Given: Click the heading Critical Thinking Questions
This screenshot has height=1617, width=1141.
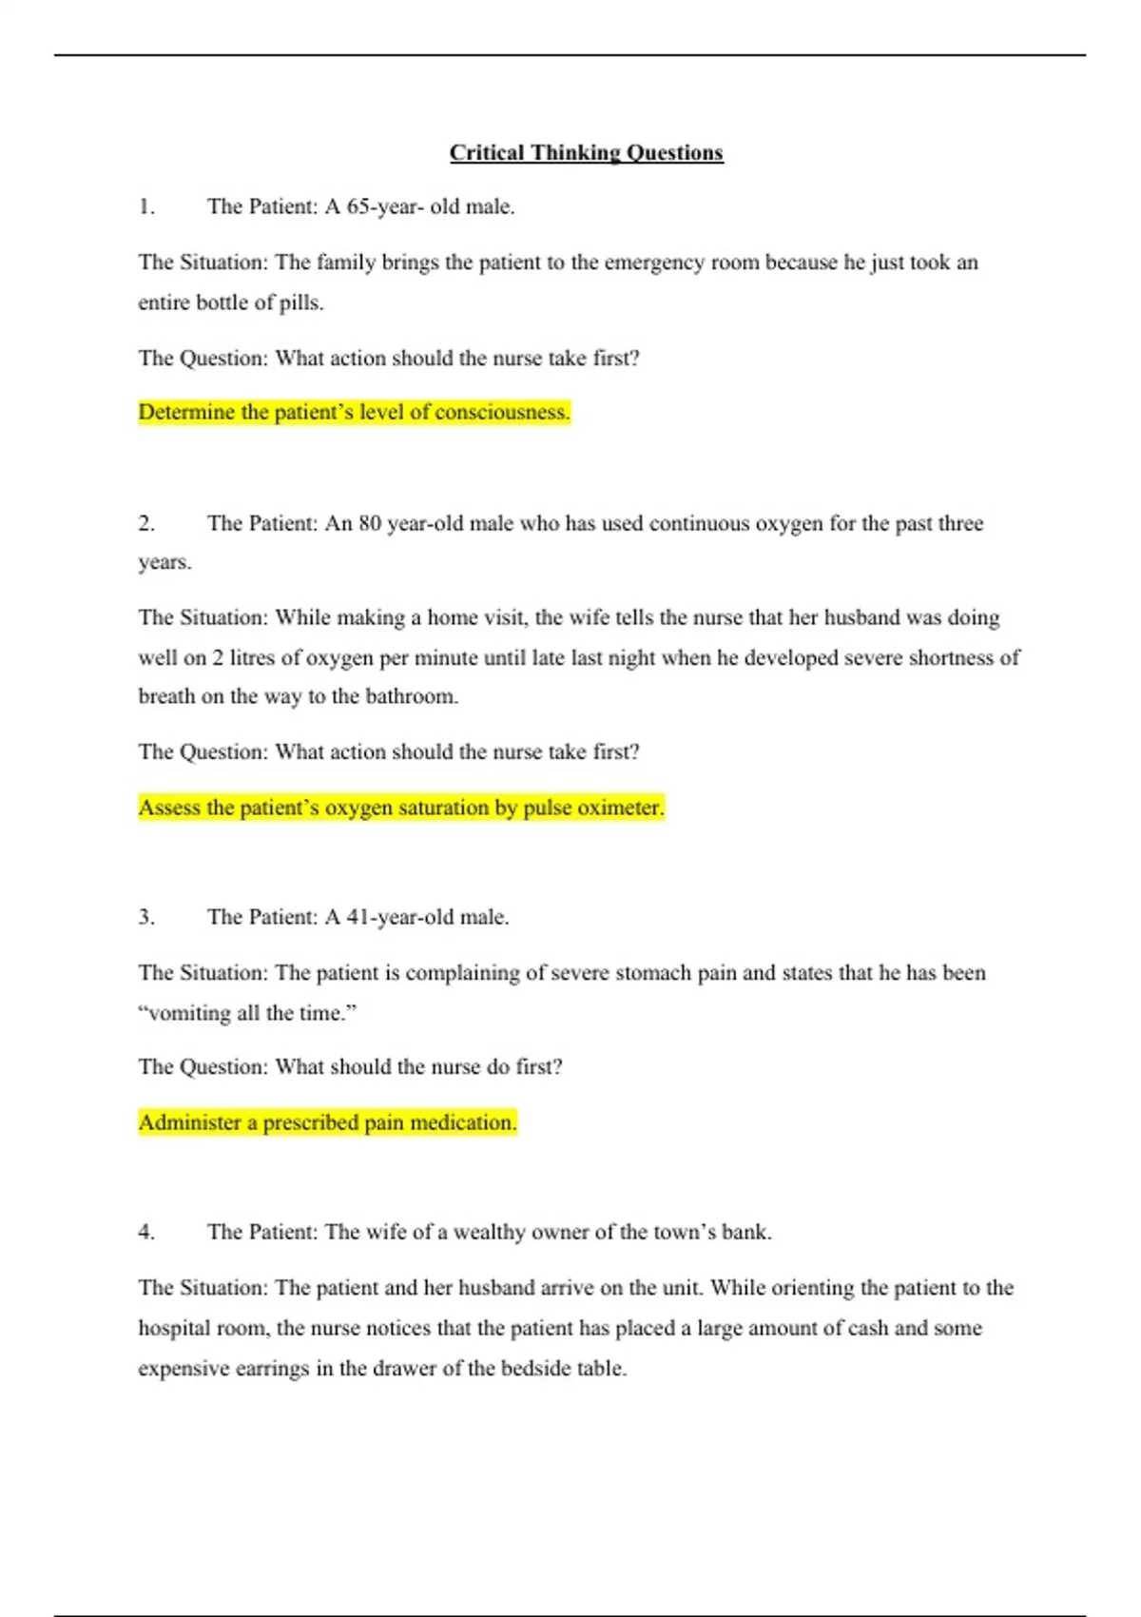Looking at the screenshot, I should [586, 153].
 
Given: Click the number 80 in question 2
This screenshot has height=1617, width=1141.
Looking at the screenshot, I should [370, 523].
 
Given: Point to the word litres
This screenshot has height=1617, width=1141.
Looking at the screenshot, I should [254, 658].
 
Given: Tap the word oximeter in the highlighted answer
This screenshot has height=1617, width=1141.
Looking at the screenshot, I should [620, 808].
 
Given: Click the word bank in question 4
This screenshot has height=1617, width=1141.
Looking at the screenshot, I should [745, 1232].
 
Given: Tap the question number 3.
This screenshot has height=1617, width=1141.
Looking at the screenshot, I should [146, 917].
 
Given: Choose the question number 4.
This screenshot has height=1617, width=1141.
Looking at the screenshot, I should [146, 1232].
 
